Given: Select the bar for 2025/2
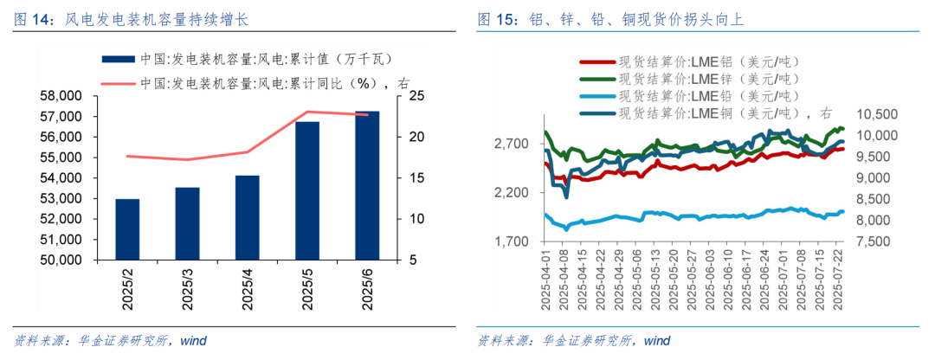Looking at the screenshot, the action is tap(127, 229).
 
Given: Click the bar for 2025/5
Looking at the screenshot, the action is tap(306, 190).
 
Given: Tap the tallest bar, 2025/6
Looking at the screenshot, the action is tap(367, 185).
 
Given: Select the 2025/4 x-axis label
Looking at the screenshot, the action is tap(248, 289).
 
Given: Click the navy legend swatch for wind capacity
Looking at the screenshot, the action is tap(118, 59).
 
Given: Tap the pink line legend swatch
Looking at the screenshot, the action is tap(118, 83).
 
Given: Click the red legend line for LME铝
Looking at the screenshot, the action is tap(596, 61).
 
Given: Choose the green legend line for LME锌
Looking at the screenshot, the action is tap(596, 79).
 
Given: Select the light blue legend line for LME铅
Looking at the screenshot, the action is tap(596, 96).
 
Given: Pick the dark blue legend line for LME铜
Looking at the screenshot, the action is tap(596, 113).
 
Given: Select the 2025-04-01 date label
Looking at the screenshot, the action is tap(545, 280).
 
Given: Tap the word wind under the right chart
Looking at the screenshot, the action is tap(656, 341).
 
